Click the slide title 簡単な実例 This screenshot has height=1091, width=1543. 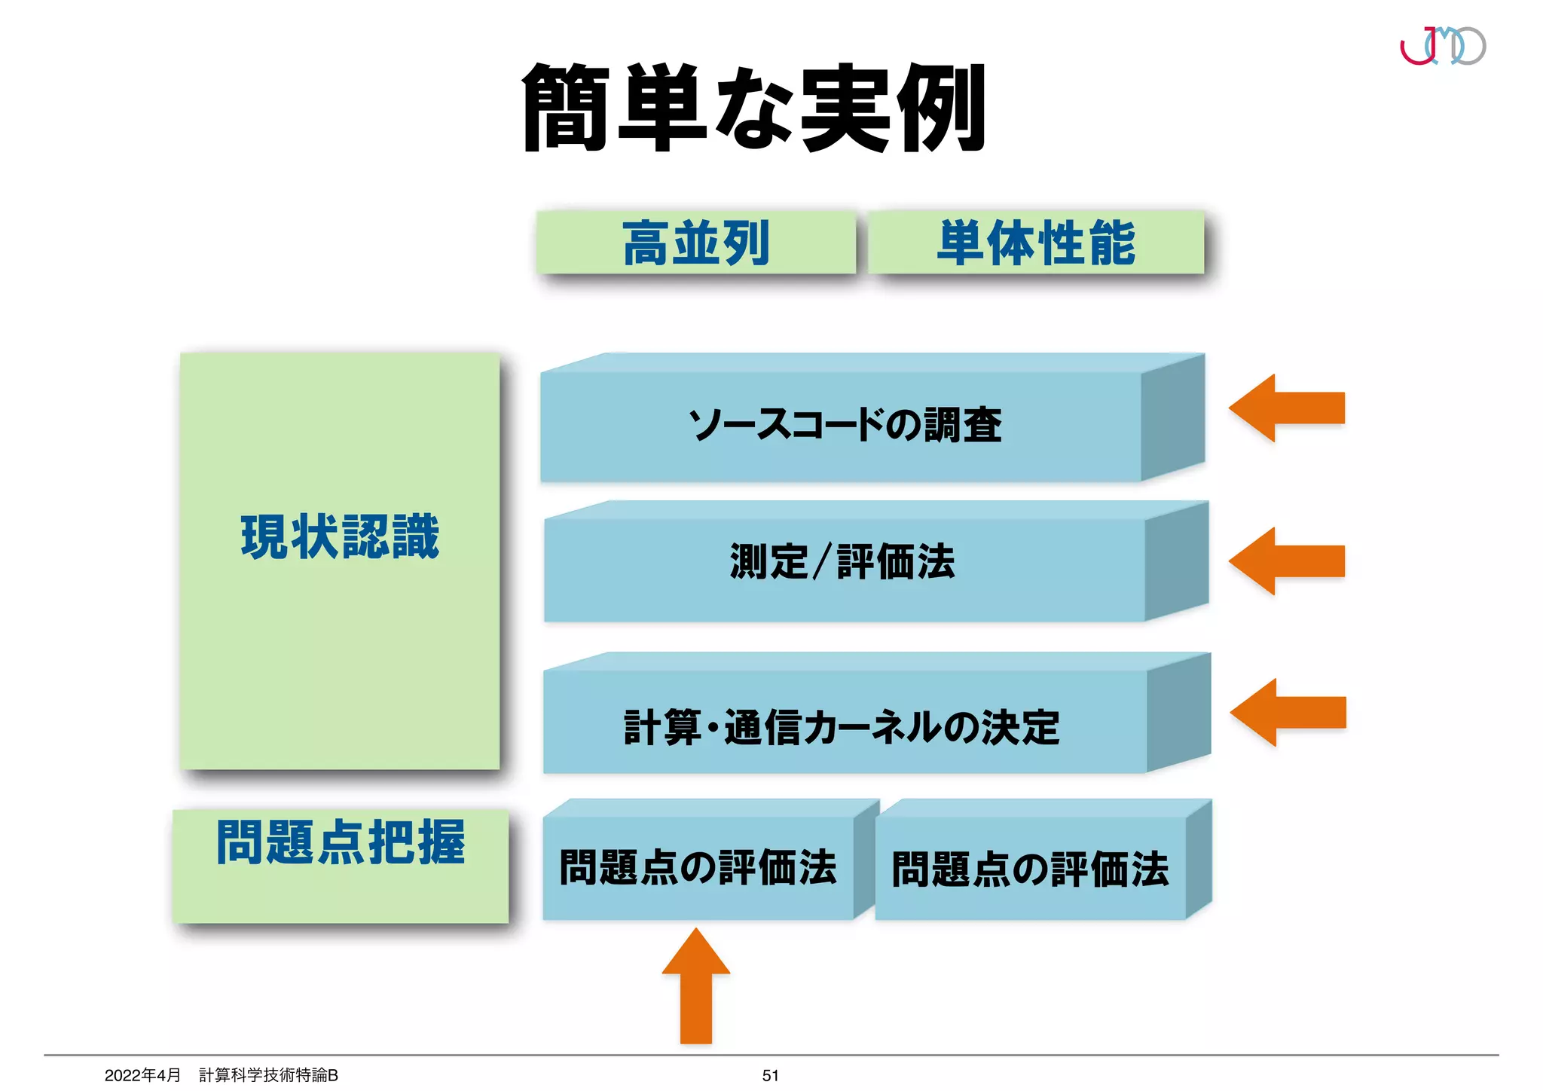753,108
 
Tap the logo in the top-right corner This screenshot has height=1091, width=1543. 1442,46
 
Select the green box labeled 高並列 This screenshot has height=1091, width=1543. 696,243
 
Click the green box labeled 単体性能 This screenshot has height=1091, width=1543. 1036,243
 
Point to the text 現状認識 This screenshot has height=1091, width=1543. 340,536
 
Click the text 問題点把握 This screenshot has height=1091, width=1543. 341,842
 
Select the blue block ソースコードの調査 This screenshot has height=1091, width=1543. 844,425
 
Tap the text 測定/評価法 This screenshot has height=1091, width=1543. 842,562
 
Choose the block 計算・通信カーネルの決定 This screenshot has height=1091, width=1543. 842,727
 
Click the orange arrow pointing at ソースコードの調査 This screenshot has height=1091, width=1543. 1286,408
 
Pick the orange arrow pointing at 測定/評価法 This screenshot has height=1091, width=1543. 1286,561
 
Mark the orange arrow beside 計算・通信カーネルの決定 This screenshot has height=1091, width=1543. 1288,713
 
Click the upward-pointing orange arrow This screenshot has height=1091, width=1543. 696,987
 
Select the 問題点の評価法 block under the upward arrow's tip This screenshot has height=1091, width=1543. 698,867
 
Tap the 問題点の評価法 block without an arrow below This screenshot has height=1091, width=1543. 1030,869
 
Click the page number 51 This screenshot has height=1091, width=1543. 770,1075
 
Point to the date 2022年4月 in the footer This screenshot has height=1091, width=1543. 142,1075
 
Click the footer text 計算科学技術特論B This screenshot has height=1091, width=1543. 268,1075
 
